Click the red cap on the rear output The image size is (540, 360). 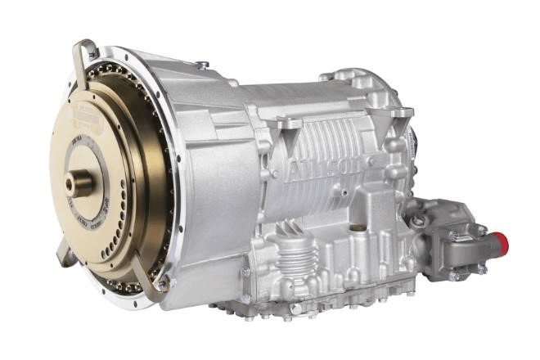click(499, 242)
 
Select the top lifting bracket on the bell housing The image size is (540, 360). click(82, 57)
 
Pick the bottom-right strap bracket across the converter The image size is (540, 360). click(147, 282)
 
